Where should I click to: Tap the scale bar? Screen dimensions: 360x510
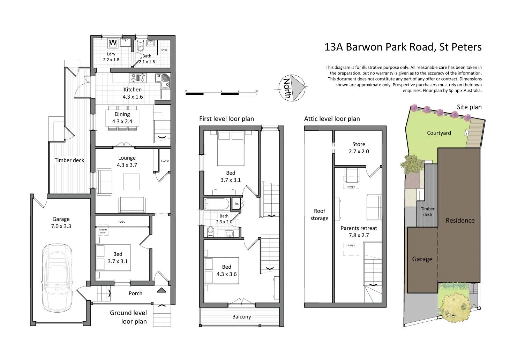click(x=221, y=93)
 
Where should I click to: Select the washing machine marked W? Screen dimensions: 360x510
click(x=113, y=43)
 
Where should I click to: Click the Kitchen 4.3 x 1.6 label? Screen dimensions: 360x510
click(x=133, y=93)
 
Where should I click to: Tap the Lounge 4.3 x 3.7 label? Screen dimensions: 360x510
click(x=127, y=161)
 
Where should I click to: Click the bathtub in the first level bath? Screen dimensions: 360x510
click(x=217, y=203)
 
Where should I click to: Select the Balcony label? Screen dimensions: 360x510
click(x=241, y=316)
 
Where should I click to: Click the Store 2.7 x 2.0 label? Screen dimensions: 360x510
click(x=359, y=148)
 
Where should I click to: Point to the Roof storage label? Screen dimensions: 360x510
click(x=319, y=214)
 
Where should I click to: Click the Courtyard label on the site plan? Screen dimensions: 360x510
click(x=439, y=133)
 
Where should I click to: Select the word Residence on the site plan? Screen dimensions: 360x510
click(x=460, y=220)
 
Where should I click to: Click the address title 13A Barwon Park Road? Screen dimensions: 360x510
click(x=403, y=47)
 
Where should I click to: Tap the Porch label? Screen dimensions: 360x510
click(x=135, y=293)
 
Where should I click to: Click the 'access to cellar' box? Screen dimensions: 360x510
click(x=103, y=231)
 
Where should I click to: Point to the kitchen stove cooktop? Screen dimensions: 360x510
click(x=138, y=77)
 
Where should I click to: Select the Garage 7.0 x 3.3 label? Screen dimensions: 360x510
click(x=61, y=222)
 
